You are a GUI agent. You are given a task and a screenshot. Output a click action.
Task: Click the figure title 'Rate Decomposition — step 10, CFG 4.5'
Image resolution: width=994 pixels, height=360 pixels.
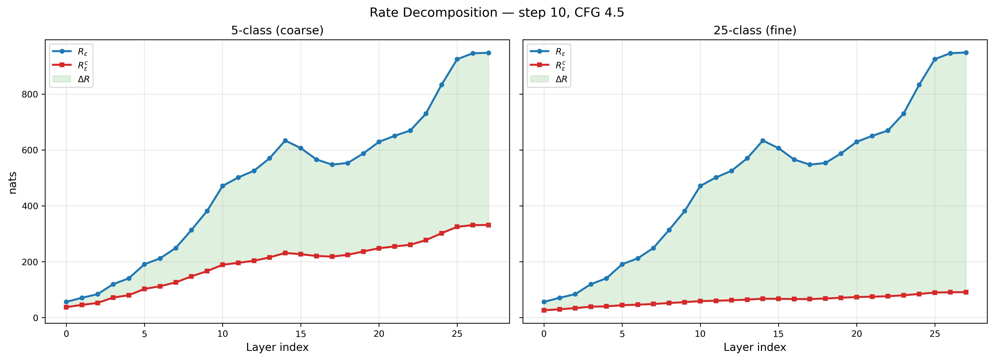pos(497,13)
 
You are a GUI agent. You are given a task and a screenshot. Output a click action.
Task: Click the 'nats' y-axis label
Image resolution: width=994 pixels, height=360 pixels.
pos(13,183)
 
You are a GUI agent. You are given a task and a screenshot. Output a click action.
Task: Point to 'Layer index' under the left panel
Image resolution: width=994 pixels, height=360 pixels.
pos(277,347)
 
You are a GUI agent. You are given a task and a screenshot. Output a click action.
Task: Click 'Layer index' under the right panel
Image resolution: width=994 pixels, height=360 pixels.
pos(755,347)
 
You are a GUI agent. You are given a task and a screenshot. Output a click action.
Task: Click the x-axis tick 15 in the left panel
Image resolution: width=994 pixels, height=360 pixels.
pos(301,333)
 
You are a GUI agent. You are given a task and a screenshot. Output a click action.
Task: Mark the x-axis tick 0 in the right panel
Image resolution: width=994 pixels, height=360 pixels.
pos(544,333)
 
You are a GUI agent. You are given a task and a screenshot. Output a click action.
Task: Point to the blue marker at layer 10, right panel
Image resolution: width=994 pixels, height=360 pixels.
pos(700,186)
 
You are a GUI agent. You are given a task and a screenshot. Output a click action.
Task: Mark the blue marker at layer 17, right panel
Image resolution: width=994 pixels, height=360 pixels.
pos(809,165)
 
